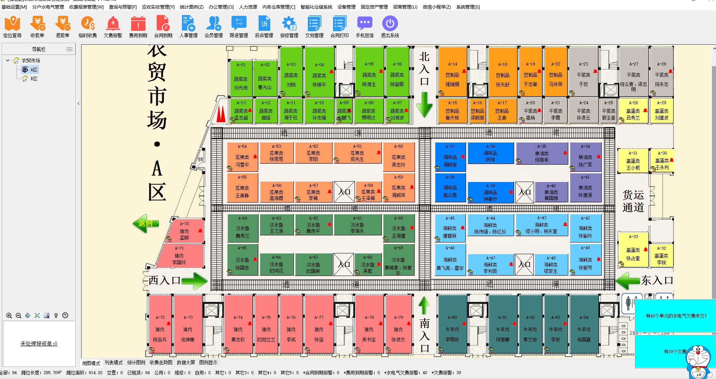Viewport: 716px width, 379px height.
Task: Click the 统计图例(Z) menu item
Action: (x=191, y=7)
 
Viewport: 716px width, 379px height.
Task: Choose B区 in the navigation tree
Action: (x=34, y=79)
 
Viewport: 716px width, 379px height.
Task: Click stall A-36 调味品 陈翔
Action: (x=490, y=153)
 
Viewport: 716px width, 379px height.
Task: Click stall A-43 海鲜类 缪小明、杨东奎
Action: (x=542, y=225)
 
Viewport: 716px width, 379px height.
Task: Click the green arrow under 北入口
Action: (x=424, y=105)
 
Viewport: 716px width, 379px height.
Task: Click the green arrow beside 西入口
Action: (x=194, y=280)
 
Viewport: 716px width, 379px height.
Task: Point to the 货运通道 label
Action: (x=633, y=201)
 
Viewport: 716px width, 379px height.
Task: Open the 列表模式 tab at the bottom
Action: (x=114, y=363)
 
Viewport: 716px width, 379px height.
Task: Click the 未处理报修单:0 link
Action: (x=39, y=344)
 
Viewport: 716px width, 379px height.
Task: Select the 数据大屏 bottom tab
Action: (x=186, y=363)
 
